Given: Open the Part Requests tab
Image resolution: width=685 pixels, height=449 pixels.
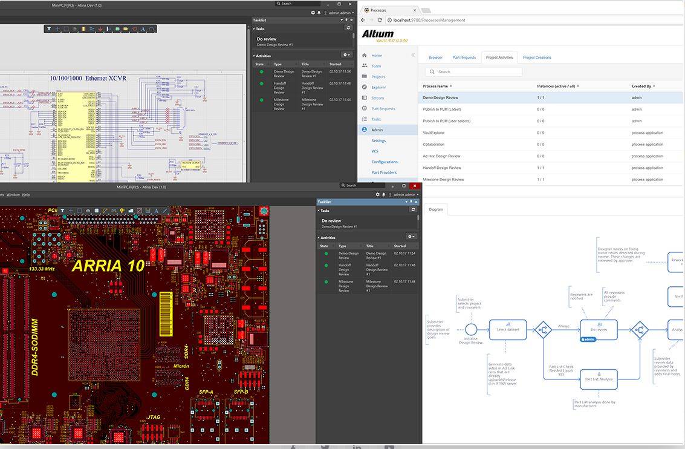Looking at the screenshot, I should [464, 57].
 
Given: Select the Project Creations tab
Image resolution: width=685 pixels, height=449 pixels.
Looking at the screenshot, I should [537, 57].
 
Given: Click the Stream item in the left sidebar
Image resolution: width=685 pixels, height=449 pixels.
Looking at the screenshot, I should [377, 97].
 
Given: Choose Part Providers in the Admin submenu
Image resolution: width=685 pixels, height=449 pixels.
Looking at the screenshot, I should [384, 172].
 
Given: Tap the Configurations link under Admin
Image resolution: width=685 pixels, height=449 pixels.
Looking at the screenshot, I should [385, 162].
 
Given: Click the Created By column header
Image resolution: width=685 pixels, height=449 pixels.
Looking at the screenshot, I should [642, 86].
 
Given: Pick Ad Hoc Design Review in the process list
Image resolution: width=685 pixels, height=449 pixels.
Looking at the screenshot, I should [441, 156].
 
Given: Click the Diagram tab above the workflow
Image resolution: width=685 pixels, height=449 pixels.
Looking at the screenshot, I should [436, 209].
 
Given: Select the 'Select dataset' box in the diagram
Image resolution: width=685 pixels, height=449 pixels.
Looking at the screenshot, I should [508, 329].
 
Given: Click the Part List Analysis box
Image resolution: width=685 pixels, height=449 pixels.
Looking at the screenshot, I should [599, 379].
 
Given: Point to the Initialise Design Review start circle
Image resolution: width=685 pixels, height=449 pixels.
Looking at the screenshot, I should [471, 330].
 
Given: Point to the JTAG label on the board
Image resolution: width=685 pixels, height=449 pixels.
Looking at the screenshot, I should [154, 417].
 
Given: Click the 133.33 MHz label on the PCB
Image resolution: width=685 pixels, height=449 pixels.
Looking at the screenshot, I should [44, 269].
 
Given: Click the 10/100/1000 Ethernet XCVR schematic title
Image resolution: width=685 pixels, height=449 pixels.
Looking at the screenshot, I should [88, 78].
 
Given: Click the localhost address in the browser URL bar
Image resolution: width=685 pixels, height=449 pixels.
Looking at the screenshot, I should [429, 20].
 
